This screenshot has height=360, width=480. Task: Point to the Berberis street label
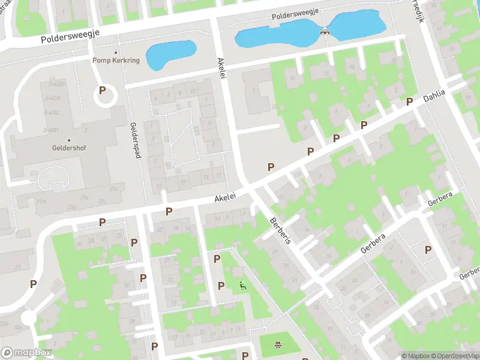[280, 230]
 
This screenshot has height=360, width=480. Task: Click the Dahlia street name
[435, 96]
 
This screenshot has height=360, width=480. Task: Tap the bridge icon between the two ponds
[325, 32]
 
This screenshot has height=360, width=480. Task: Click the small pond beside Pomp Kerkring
[170, 54]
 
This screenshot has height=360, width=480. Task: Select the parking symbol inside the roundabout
[103, 90]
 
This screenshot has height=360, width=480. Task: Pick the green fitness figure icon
[242, 286]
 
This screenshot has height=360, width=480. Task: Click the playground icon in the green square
[278, 344]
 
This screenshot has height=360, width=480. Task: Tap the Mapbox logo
[26, 353]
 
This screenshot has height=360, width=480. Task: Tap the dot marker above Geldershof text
[69, 141]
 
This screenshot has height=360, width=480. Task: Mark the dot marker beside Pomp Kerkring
[115, 52]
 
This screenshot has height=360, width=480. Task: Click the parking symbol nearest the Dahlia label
[409, 101]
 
